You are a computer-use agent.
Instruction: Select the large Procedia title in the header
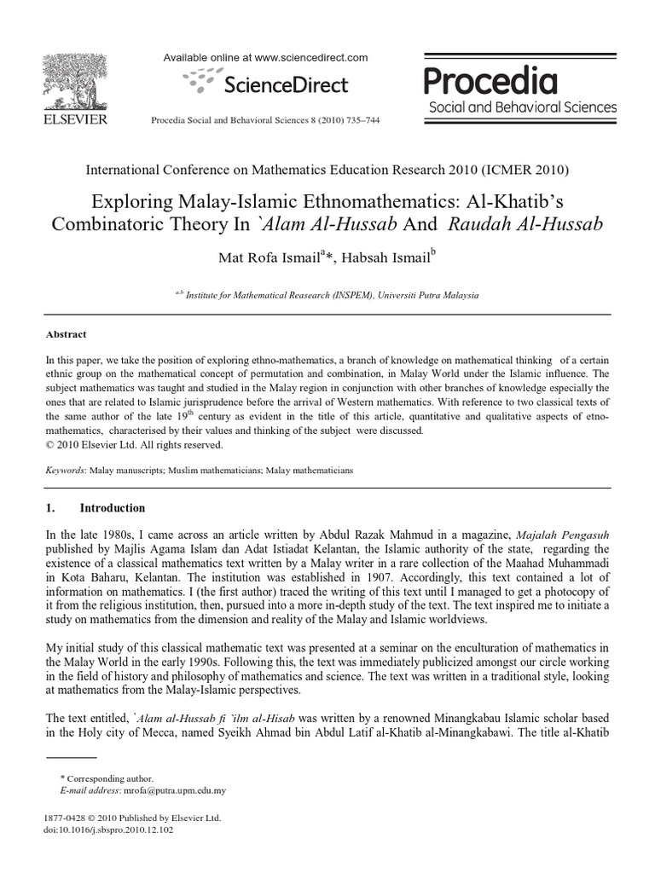pos(491,82)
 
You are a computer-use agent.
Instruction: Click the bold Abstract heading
pos(66,335)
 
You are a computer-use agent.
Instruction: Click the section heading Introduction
pos(113,508)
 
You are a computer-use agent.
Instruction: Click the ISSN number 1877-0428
pos(66,818)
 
